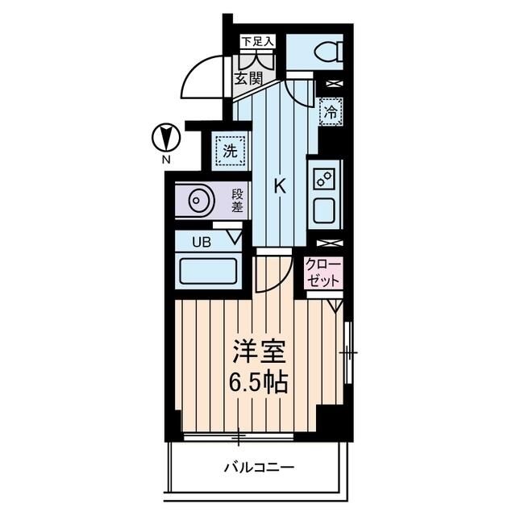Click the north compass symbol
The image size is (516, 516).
pyautogui.click(x=166, y=138)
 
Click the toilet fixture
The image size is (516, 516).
pyautogui.click(x=325, y=53)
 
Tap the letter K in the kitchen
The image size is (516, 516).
pyautogui.click(x=280, y=186)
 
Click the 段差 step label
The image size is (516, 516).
pyautogui.click(x=237, y=201)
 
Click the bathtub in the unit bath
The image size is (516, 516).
pyautogui.click(x=207, y=269)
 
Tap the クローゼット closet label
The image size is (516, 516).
pyautogui.click(x=322, y=272)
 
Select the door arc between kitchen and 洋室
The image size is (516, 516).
pyautogui.click(x=273, y=274)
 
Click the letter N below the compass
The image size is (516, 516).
pyautogui.click(x=166, y=160)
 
